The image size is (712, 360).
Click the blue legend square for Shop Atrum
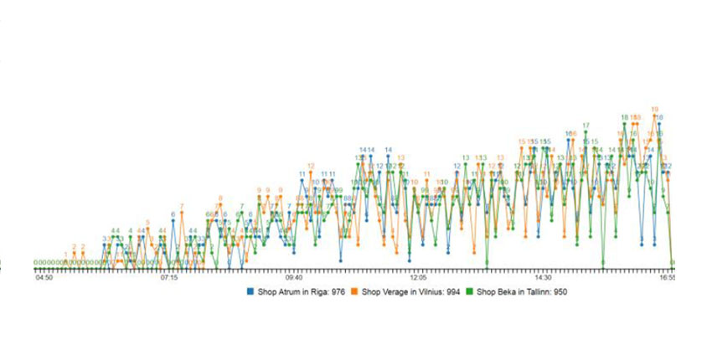click(x=249, y=292)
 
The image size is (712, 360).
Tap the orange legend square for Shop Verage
click(x=355, y=292)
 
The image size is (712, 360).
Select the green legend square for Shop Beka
click(x=470, y=292)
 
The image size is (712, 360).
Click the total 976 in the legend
click(x=339, y=292)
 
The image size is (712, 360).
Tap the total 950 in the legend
click(x=569, y=292)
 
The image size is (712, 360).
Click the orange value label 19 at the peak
click(x=654, y=109)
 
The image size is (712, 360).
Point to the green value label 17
click(x=586, y=126)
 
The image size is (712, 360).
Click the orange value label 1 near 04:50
click(x=65, y=255)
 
